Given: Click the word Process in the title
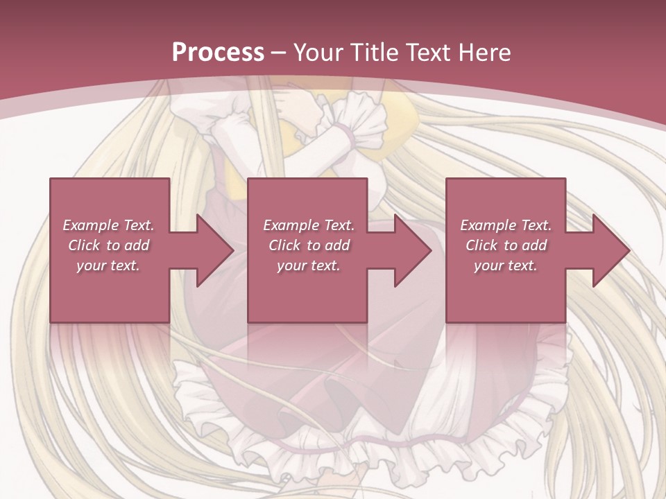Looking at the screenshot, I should (x=218, y=52).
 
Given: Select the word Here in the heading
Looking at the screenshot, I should (x=486, y=52).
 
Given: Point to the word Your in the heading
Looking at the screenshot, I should (x=318, y=52).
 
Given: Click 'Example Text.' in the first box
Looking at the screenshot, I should (x=109, y=225).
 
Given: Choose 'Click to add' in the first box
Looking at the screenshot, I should (x=109, y=245).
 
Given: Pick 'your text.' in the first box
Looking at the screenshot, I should (x=109, y=265).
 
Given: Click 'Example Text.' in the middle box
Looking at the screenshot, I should (x=309, y=225).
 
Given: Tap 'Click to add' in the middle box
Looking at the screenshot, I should (x=309, y=245).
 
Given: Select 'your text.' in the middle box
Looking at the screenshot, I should (x=309, y=265).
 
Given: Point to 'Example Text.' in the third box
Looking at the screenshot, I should (x=506, y=225).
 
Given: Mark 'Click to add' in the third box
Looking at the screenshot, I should (x=506, y=245).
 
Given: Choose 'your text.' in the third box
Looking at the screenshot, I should (x=506, y=265).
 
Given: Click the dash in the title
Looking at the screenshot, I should (x=279, y=53).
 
